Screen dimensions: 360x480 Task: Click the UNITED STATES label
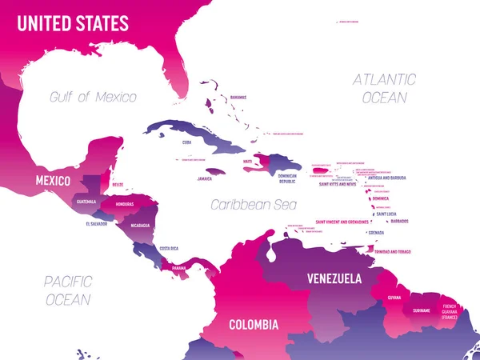[74, 24]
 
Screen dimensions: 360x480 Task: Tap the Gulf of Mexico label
[93, 97]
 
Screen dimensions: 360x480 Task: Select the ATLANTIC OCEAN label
[385, 88]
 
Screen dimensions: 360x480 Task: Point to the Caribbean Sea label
[248, 205]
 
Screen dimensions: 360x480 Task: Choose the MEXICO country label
[53, 181]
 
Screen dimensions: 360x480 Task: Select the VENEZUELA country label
[335, 279]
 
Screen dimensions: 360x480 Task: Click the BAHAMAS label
[238, 97]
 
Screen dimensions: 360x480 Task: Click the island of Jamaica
[215, 171]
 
